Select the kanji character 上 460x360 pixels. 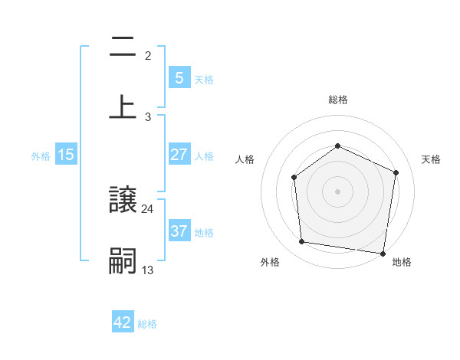[x=123, y=106]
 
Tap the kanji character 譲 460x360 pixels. [x=123, y=202]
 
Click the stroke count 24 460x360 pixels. [x=148, y=208]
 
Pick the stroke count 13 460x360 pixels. [x=148, y=269]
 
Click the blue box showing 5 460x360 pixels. [x=179, y=78]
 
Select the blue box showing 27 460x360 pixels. [x=179, y=155]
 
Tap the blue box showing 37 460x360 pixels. [x=179, y=231]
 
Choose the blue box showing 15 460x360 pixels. [x=66, y=155]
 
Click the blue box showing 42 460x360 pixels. [x=123, y=322]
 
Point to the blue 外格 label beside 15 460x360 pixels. [x=41, y=155]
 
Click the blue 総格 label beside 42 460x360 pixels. [x=147, y=323]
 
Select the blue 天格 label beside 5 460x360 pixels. [x=204, y=79]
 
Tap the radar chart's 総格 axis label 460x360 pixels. [x=338, y=100]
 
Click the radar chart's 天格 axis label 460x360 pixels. [x=432, y=159]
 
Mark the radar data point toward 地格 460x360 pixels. [x=383, y=253]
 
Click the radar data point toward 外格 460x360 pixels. [x=302, y=242]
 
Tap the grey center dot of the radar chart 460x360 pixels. [x=338, y=191]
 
